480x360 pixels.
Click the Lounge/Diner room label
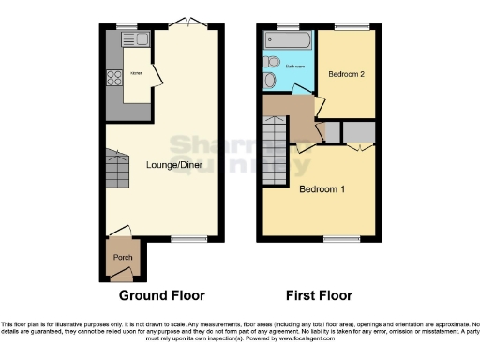click(x=174, y=165)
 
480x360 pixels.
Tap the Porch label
click(x=122, y=257)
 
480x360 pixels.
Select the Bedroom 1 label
click(x=322, y=189)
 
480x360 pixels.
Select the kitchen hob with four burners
click(x=115, y=78)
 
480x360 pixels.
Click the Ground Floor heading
click(x=160, y=295)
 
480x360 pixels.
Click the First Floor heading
click(x=318, y=295)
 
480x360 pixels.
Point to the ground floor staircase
click(x=117, y=172)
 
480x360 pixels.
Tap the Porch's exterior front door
click(x=120, y=276)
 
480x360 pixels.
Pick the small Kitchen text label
click(x=137, y=71)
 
